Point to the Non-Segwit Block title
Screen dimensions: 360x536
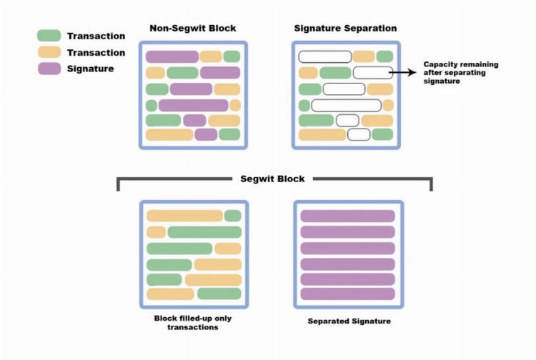pos(193,29)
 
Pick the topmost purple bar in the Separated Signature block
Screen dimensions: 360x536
pos(348,216)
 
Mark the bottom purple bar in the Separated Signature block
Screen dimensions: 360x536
pos(348,294)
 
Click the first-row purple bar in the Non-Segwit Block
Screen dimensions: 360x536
pos(172,56)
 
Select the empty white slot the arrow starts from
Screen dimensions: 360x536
pos(373,73)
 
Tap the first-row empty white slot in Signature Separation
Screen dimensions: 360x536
pos(324,56)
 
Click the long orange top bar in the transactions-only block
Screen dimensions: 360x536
pos(184,216)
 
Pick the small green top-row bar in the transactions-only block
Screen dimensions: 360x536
pos(233,216)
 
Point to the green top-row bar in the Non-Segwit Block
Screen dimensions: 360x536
pos(232,56)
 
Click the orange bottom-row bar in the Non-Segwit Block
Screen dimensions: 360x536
pos(169,134)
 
